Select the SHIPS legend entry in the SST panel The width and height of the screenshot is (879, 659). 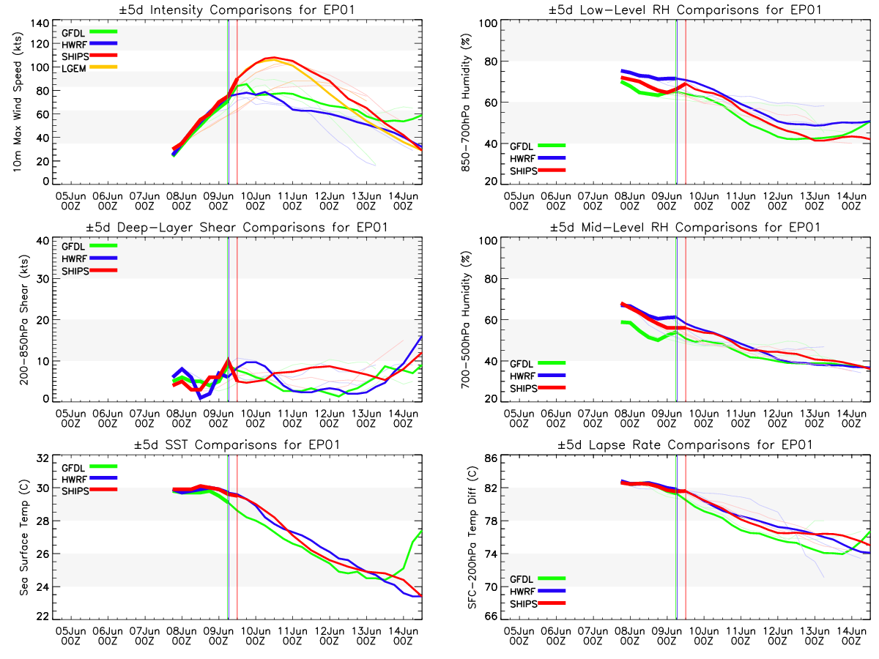(x=74, y=491)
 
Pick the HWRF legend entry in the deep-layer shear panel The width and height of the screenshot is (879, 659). (x=74, y=258)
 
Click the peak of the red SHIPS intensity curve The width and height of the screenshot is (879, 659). (x=273, y=57)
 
